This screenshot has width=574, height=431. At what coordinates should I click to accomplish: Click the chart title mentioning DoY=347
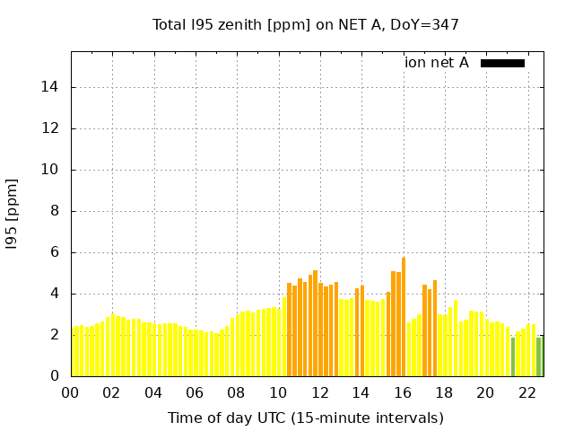305,25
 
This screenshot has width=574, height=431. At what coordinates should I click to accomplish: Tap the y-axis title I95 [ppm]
13,214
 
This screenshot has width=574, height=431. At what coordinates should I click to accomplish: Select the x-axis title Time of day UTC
305,418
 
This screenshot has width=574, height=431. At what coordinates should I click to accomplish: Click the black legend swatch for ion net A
502,63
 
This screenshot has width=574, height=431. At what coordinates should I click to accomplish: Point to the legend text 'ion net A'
437,63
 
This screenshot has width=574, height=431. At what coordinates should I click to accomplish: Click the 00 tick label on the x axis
70,392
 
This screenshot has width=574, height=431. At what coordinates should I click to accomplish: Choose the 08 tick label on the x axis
236,392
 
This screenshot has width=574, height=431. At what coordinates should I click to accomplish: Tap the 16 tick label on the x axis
402,392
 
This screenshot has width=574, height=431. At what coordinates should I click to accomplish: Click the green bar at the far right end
539,356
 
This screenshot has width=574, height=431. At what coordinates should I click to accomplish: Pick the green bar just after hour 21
513,356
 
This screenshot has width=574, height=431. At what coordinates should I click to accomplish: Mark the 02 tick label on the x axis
111,392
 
